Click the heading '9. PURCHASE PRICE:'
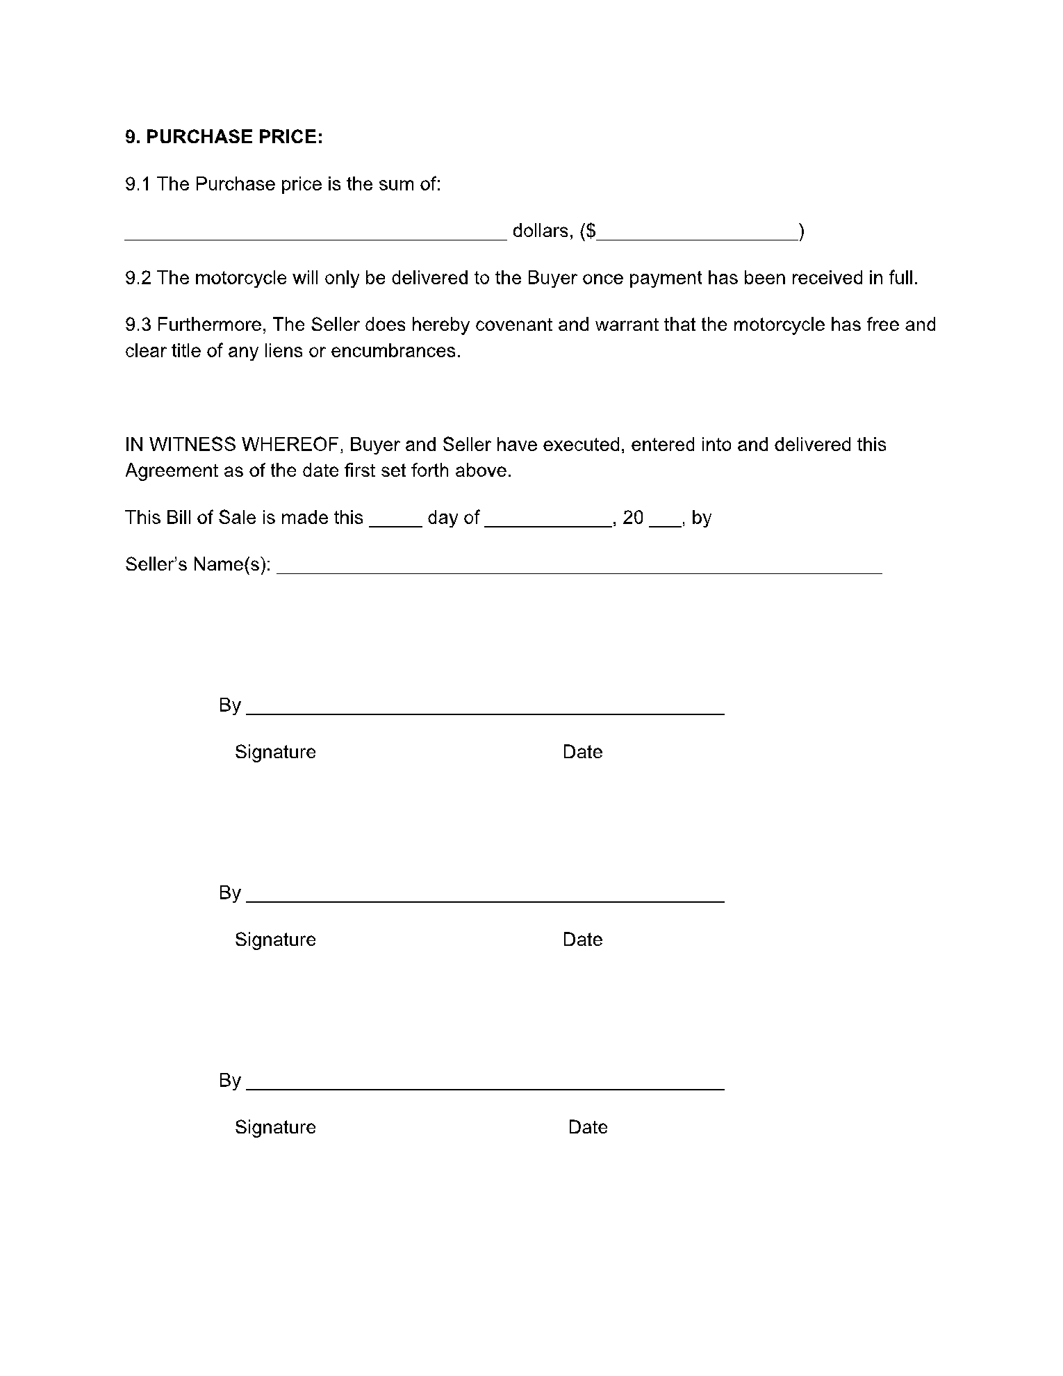224,137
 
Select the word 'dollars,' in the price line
543,231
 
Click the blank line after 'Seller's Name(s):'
579,569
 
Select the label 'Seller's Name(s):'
197,564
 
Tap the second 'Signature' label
275,940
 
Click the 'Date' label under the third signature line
588,1127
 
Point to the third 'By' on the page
229,1081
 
